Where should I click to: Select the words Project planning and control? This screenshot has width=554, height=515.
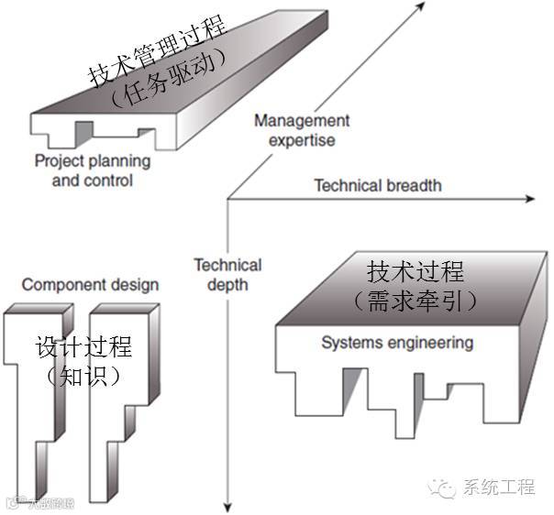pos(92,170)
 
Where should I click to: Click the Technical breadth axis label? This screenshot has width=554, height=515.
pos(377,185)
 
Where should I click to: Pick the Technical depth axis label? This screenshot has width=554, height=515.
pos(227,274)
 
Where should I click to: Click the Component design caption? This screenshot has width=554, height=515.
pos(90,285)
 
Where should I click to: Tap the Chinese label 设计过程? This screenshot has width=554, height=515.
pos(83,347)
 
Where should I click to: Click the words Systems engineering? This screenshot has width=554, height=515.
pos(397,344)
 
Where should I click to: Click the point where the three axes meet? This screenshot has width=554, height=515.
pos(226,198)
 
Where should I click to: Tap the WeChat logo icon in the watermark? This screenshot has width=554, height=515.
pos(447,487)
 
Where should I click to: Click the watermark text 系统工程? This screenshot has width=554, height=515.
pos(499,488)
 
